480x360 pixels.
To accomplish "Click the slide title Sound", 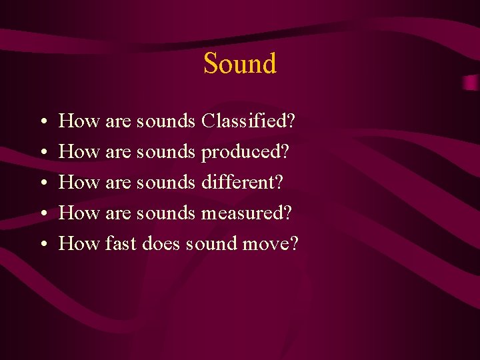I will tap(239, 64).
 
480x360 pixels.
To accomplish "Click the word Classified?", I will tap(249, 121).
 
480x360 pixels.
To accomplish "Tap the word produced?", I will tap(245, 153).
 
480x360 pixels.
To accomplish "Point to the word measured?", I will tap(247, 213).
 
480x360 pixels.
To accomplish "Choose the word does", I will tap(161, 244).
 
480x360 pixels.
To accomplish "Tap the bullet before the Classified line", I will tap(41, 123).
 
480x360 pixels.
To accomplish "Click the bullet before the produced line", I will tap(41, 153).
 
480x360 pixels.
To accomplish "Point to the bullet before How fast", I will tap(41, 245).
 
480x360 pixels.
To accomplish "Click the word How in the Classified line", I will tap(79, 121).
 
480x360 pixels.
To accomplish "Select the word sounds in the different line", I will tap(165, 183).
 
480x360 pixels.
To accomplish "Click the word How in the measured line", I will tap(79, 213).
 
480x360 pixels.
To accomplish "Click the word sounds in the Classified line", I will tap(165, 121).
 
